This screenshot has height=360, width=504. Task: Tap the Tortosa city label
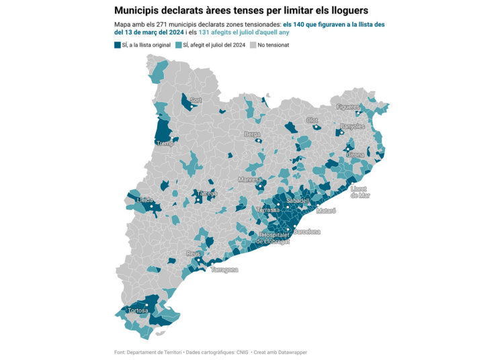(x=138, y=310)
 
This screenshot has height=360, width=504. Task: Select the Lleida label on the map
(x=144, y=200)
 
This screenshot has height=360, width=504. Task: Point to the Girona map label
(x=355, y=154)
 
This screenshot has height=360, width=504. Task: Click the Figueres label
(x=348, y=107)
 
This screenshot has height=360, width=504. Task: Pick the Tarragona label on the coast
(x=224, y=270)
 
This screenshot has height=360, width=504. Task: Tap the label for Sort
(x=196, y=100)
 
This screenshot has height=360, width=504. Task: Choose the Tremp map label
(x=165, y=144)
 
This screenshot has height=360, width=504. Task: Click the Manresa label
(x=250, y=180)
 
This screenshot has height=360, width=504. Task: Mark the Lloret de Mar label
(x=360, y=192)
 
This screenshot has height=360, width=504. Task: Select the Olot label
(x=312, y=120)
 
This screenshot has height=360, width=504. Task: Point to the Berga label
(x=252, y=134)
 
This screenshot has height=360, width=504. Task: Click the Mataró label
(x=326, y=210)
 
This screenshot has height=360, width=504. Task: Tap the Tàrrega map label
(x=207, y=193)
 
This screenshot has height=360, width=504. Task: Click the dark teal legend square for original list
(x=118, y=45)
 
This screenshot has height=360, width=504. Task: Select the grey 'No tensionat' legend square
(x=253, y=45)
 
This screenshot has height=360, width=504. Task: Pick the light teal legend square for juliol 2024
(x=179, y=45)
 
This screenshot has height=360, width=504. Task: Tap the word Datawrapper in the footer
(x=289, y=352)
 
